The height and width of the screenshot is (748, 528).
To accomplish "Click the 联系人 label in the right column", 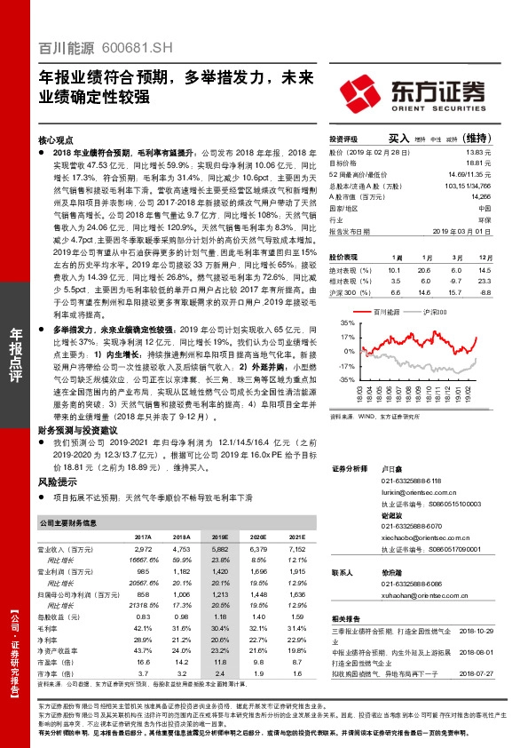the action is pos(343,572).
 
